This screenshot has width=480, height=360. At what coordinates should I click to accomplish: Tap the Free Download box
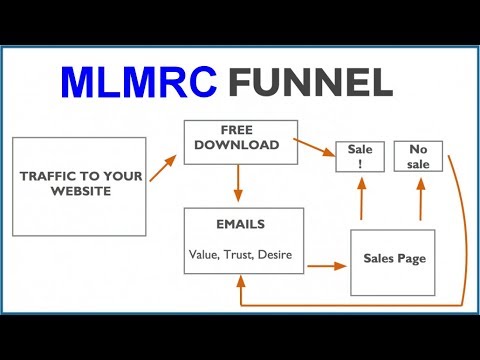tap(239, 140)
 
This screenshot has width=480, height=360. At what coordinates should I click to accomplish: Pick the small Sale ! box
tap(360, 157)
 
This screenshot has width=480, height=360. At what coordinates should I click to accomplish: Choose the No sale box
tap(419, 157)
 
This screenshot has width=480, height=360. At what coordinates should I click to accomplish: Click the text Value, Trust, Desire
tap(239, 254)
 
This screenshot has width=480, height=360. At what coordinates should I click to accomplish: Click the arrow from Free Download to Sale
tap(318, 149)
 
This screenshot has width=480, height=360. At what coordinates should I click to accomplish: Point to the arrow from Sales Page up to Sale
tap(360, 200)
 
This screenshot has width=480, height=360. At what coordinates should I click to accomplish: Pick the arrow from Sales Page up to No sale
tap(421, 200)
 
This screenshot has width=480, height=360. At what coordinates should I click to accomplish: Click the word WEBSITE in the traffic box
tap(81, 193)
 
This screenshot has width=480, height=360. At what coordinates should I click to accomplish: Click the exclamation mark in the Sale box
tap(360, 165)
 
